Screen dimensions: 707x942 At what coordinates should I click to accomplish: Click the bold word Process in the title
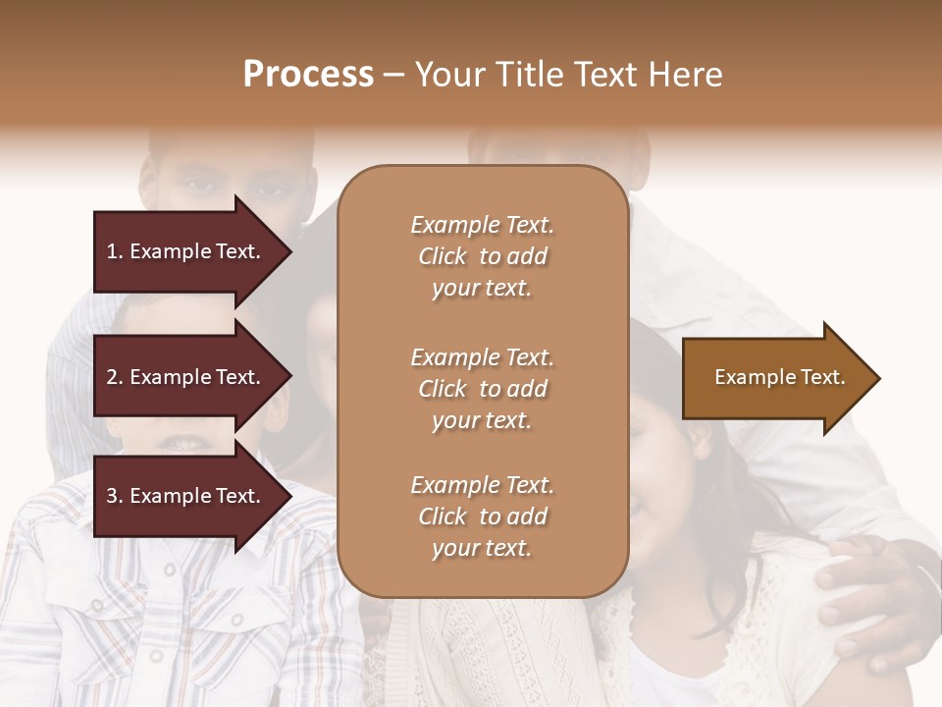(x=308, y=75)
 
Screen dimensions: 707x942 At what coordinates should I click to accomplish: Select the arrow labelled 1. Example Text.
(x=186, y=251)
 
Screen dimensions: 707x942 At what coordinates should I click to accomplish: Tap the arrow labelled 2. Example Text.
(x=186, y=377)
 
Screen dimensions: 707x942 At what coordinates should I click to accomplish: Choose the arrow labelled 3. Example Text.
(x=186, y=496)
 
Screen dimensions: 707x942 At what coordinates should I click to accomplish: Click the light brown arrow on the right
(x=775, y=378)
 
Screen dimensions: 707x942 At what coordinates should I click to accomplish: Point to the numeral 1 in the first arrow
(x=112, y=251)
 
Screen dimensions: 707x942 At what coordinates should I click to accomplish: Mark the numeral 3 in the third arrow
(x=112, y=496)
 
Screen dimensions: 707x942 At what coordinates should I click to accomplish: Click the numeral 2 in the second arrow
(x=112, y=377)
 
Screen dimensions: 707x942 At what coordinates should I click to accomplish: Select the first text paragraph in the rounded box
(x=482, y=256)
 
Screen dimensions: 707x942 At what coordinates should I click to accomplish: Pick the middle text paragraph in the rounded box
(x=482, y=388)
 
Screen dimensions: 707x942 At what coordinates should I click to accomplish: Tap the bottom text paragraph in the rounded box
(x=482, y=517)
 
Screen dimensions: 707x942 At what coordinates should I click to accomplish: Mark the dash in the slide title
(x=394, y=76)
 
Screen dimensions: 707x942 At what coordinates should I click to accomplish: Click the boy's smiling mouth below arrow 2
(x=181, y=443)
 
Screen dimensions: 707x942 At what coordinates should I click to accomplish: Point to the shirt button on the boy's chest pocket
(x=236, y=621)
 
